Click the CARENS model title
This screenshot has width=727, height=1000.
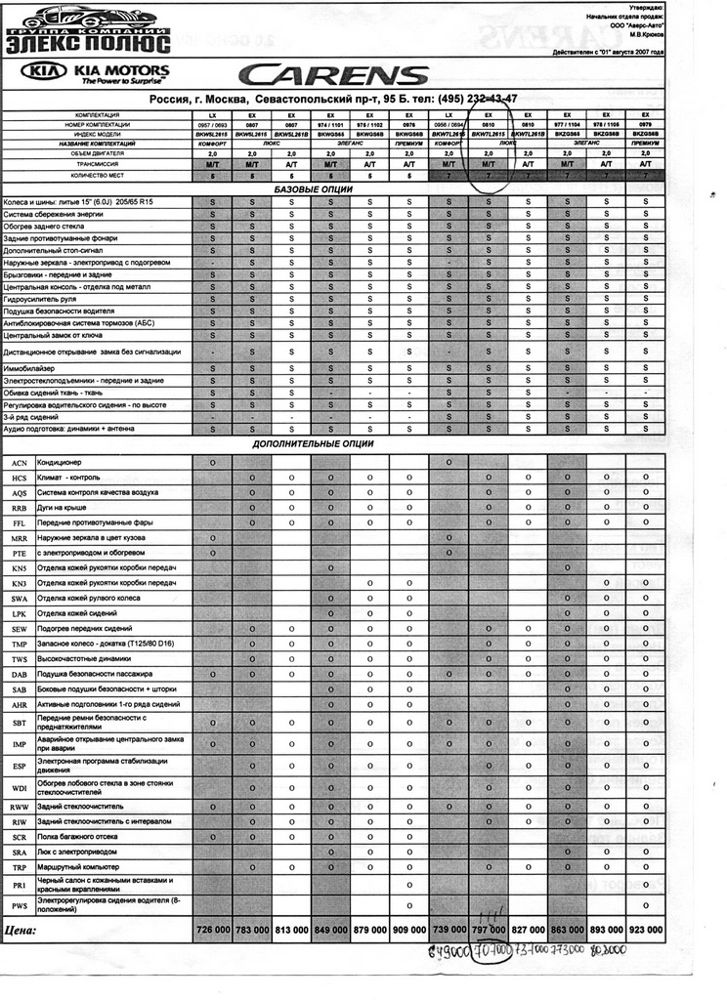coord(335,75)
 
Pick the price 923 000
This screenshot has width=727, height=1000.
coord(645,930)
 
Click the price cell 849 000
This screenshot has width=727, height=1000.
coord(330,930)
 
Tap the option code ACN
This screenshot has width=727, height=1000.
coord(19,463)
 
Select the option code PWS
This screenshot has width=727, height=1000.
coord(19,906)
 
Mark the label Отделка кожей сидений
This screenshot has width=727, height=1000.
coord(80,613)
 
